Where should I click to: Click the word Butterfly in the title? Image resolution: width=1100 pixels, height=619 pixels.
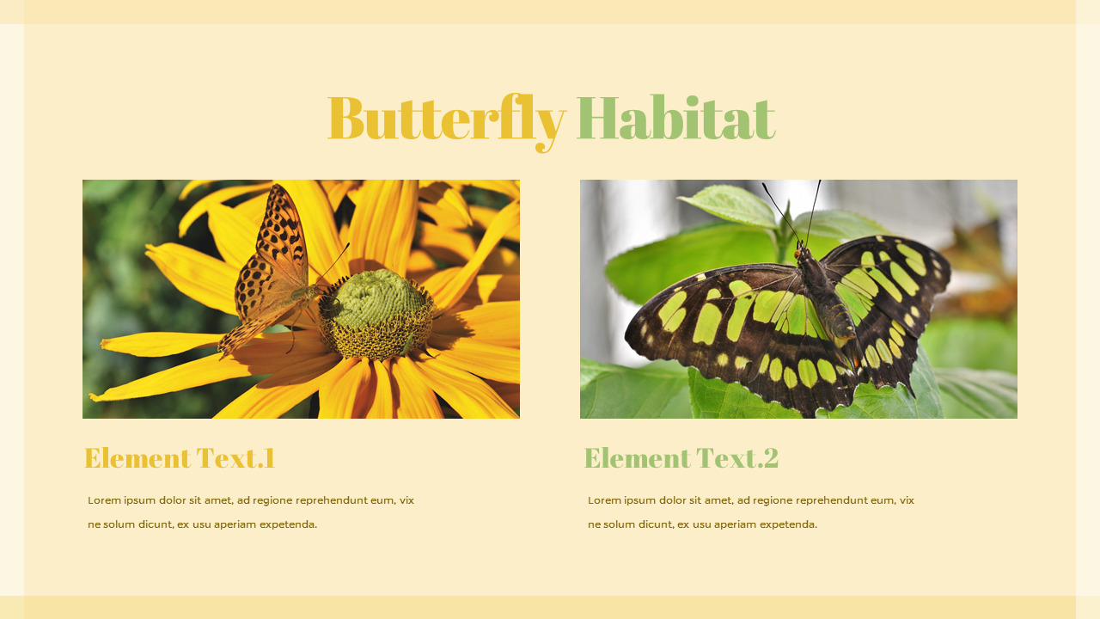point(445,119)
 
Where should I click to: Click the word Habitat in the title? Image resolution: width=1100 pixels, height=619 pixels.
point(675,119)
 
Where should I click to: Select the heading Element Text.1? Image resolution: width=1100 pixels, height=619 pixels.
point(180,458)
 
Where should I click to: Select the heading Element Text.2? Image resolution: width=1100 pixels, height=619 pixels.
point(681,458)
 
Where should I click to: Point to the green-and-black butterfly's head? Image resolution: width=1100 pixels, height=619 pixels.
point(802,254)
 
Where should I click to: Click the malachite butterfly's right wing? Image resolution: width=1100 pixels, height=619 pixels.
point(894,292)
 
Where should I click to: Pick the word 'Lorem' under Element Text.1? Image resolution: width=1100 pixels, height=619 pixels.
point(104,500)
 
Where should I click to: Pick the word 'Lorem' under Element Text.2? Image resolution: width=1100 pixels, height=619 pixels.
point(604,500)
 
